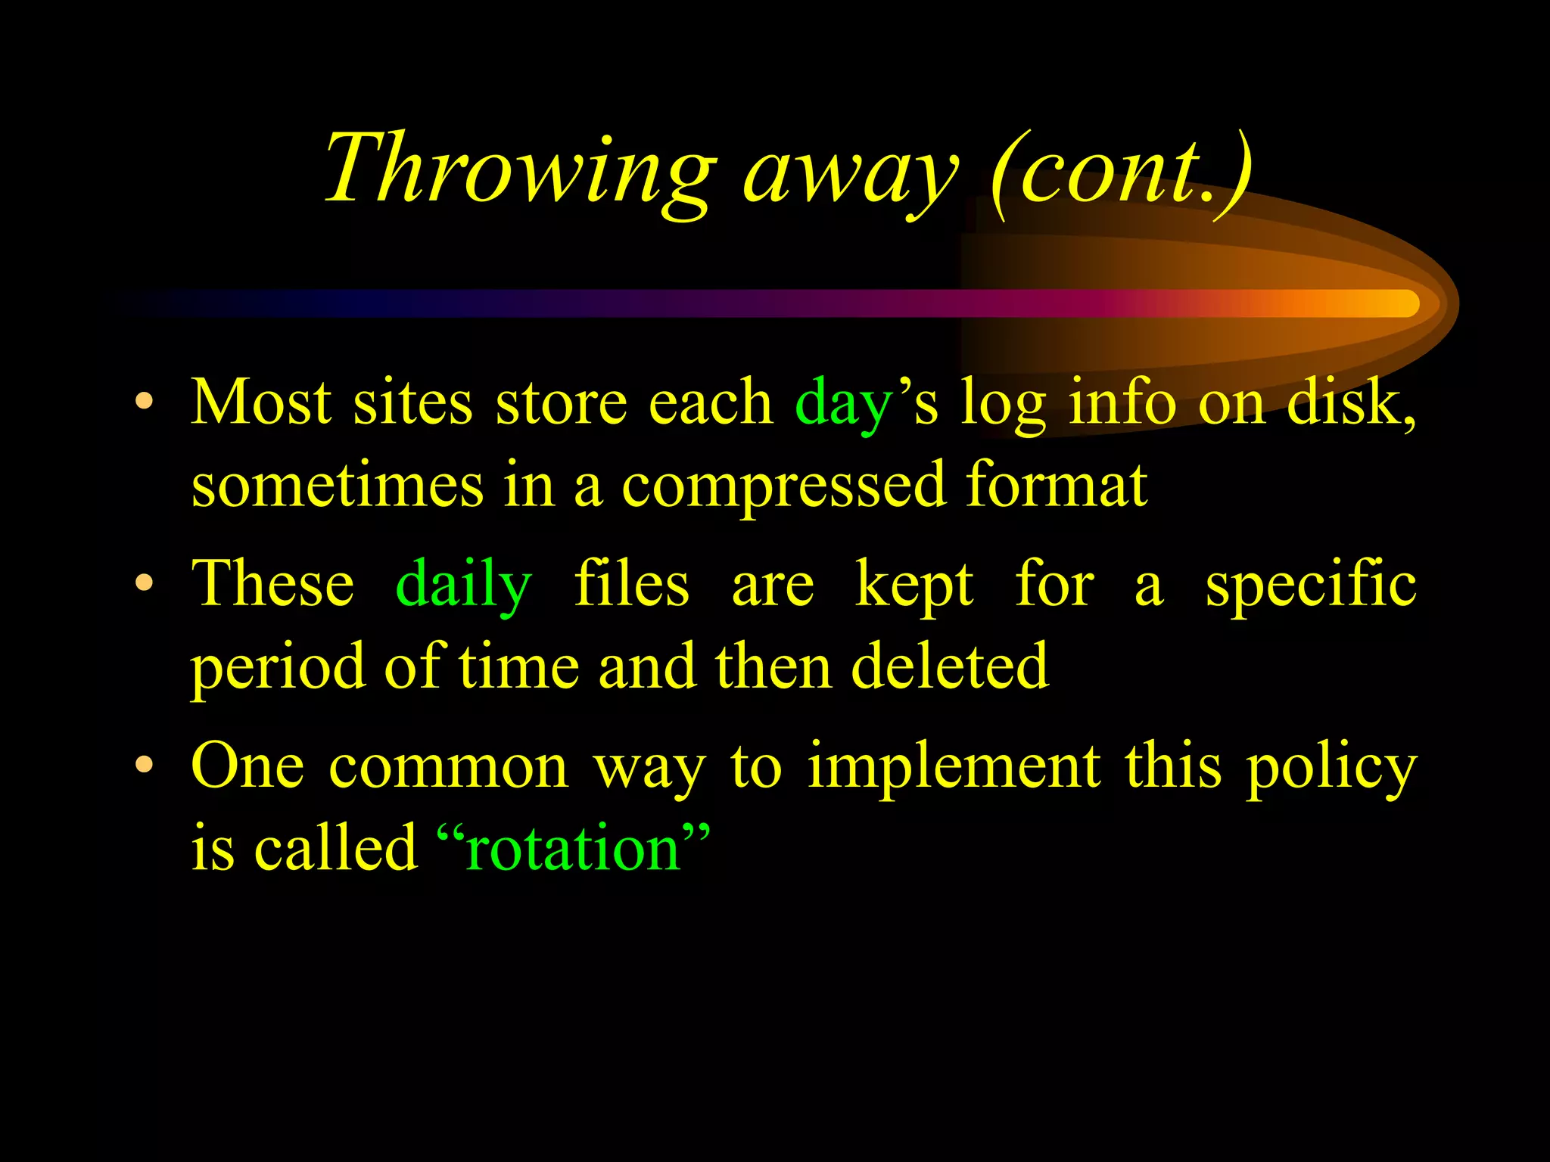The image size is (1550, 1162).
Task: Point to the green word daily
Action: click(463, 585)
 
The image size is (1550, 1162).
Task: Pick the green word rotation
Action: click(574, 848)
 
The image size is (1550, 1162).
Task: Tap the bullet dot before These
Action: click(144, 583)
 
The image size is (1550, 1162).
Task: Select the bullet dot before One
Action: click(144, 765)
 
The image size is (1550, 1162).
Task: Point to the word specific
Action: click(1310, 585)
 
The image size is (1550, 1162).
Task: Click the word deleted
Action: click(950, 666)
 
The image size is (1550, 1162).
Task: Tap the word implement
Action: click(954, 767)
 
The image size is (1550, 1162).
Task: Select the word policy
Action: click(1331, 769)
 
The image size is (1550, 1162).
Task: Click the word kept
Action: click(914, 585)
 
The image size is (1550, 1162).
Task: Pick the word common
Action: click(448, 767)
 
